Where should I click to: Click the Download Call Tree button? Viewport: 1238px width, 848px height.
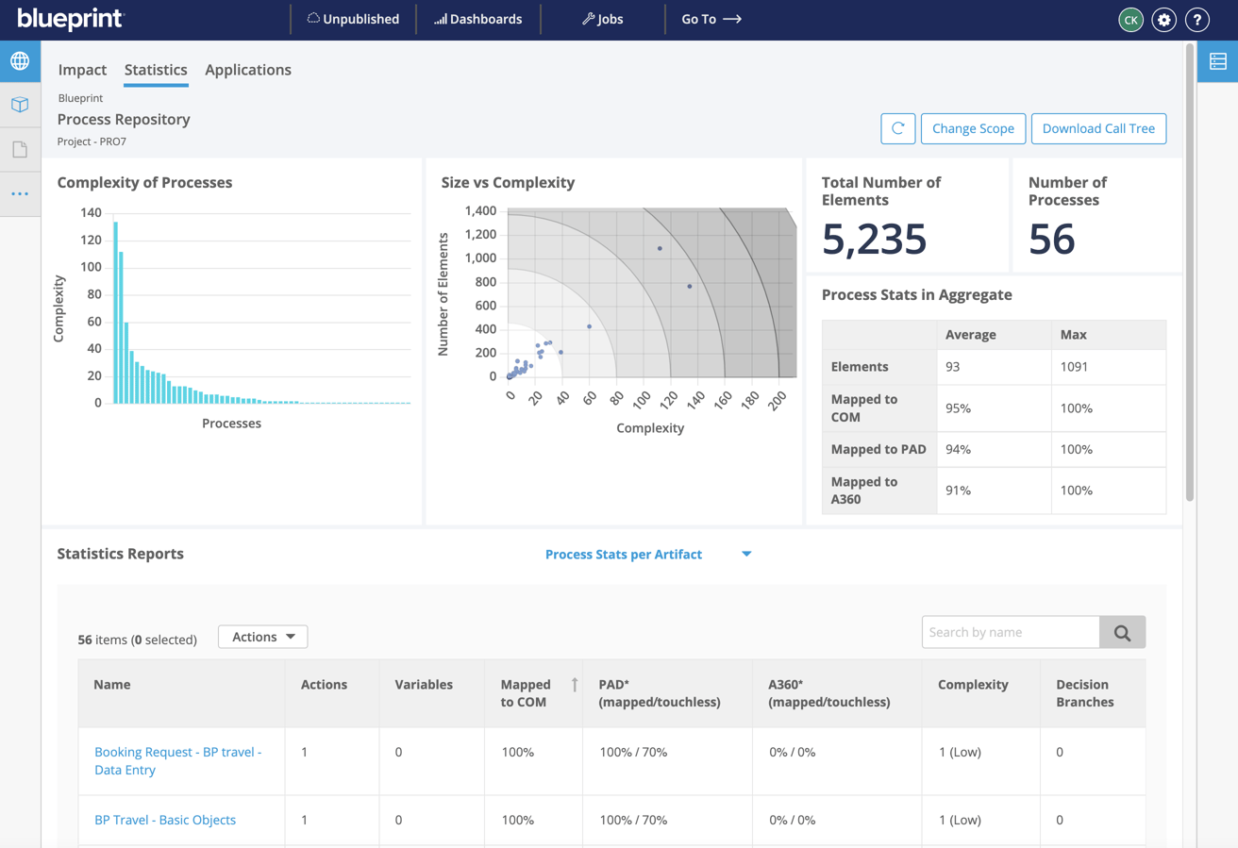tap(1098, 128)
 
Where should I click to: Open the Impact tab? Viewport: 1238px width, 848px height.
tap(82, 70)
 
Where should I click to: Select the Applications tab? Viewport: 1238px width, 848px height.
tap(248, 70)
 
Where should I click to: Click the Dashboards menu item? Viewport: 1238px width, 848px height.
tap(477, 19)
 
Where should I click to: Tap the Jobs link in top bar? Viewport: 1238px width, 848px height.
tap(602, 19)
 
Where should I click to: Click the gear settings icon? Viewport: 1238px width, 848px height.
tap(1163, 19)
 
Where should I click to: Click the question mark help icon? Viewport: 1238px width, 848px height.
tap(1197, 19)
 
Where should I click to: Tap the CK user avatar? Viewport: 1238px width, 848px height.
tap(1130, 19)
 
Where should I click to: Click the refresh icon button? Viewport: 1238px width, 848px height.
tap(897, 128)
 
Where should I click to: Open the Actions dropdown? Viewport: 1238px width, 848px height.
tap(263, 637)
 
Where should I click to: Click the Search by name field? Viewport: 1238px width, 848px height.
tap(1011, 632)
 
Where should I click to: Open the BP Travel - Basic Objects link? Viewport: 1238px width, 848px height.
tap(165, 820)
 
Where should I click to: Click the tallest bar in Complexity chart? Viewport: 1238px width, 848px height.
tap(115, 311)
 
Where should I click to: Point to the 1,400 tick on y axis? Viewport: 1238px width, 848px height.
tap(480, 211)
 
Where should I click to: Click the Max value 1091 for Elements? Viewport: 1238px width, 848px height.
tap(1075, 367)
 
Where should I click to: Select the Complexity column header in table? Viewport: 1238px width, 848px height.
tap(973, 685)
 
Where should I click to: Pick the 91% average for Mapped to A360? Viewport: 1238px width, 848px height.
tap(959, 491)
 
